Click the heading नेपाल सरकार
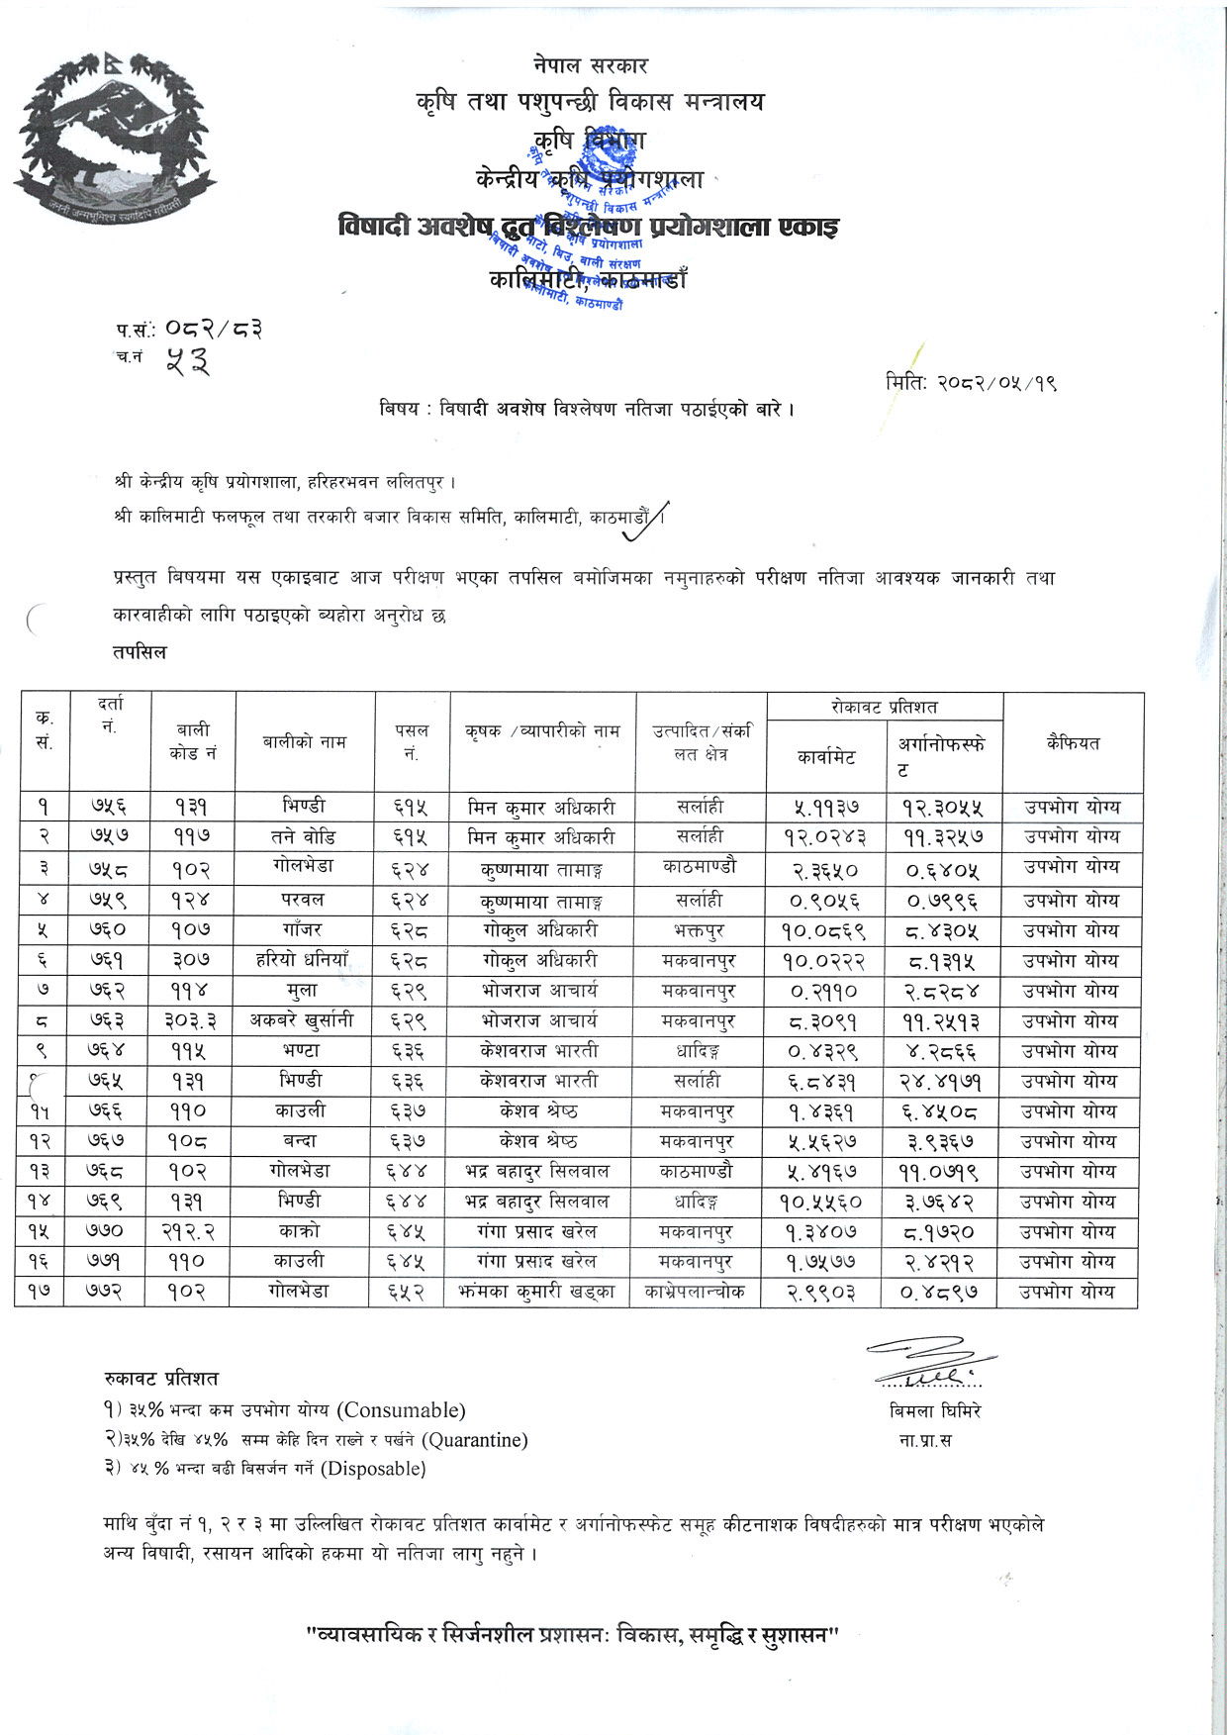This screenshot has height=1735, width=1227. pos(589,66)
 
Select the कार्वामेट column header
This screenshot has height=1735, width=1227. pos(826,757)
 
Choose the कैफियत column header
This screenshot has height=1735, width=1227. pos(1073,742)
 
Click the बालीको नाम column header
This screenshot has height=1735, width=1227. pos(305,741)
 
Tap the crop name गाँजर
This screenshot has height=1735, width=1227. pos(302,930)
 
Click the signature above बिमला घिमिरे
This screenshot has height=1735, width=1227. pos(930,1364)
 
